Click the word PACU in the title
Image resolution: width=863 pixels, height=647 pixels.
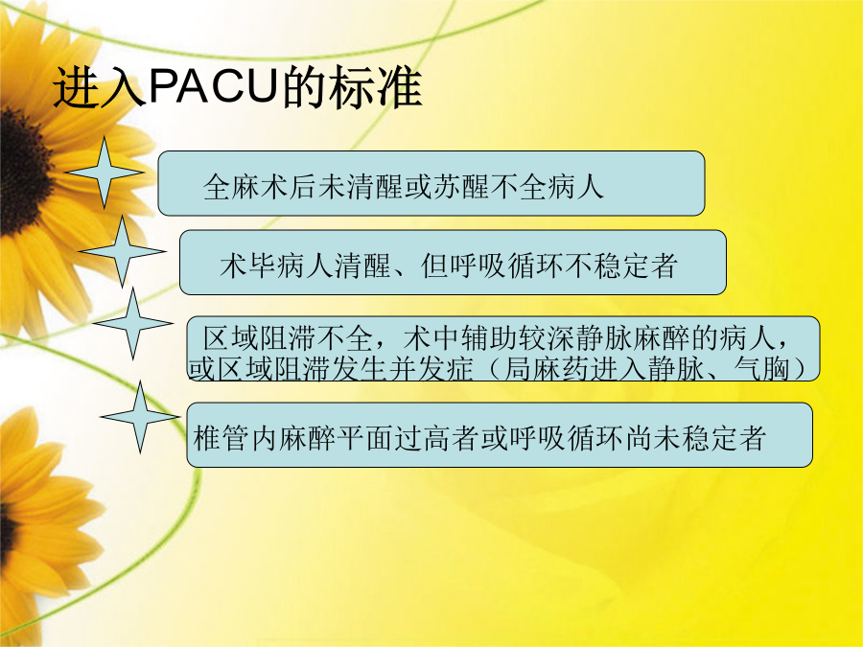pyautogui.click(x=212, y=86)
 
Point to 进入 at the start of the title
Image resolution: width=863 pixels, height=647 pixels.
pyautogui.click(x=100, y=87)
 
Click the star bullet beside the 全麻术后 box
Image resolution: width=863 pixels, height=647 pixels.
pyautogui.click(x=104, y=173)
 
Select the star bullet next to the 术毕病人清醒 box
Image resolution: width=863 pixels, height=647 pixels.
pyautogui.click(x=122, y=251)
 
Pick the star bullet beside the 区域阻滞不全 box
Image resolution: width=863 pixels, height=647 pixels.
pyautogui.click(x=132, y=324)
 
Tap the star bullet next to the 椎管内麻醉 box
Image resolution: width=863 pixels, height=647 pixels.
pyautogui.click(x=140, y=417)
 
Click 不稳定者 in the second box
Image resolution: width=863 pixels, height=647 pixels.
pyautogui.click(x=619, y=266)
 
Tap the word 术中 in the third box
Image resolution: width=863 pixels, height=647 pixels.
pyautogui.click(x=432, y=337)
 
